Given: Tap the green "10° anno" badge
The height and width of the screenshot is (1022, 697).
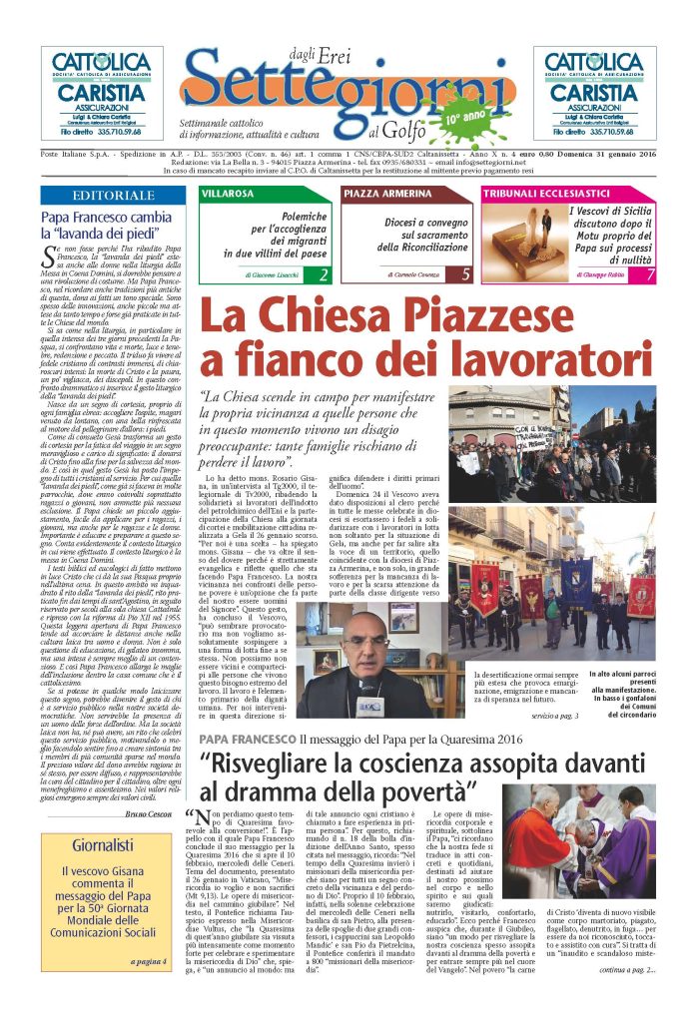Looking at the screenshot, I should (x=458, y=115).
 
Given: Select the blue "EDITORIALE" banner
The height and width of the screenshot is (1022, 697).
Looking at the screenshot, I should (x=114, y=196).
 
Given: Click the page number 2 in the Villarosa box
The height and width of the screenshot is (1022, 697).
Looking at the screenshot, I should (x=323, y=274).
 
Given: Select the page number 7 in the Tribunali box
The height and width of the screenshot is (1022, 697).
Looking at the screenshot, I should (x=650, y=274).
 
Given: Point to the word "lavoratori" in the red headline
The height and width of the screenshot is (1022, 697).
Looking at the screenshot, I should (x=543, y=356).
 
